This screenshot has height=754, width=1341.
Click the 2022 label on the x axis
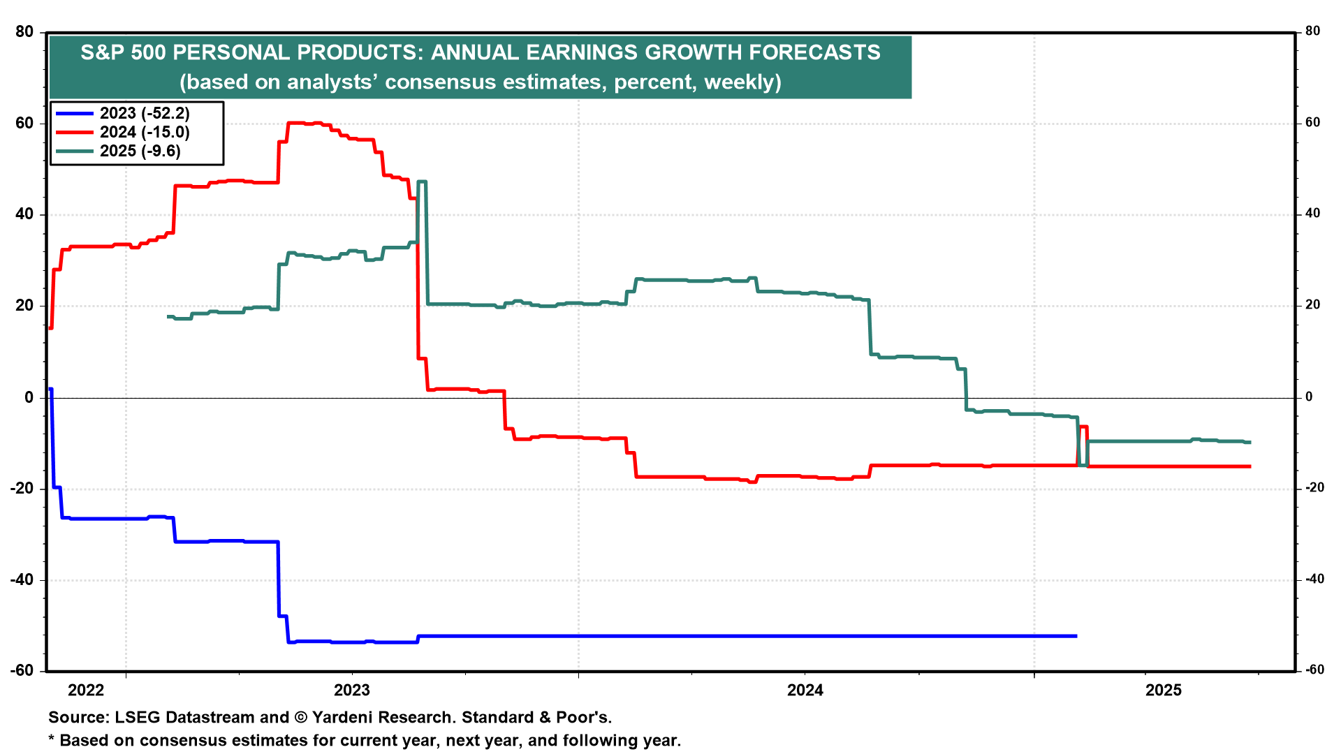86,690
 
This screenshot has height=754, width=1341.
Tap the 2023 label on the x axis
352,690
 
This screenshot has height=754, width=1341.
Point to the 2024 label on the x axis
805,690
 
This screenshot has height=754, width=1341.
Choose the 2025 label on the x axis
1164,690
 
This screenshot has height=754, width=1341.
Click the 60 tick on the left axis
24,124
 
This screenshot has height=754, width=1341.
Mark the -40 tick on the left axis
22,580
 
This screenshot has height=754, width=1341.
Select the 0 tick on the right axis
1309,397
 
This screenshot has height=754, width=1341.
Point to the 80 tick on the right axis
1312,31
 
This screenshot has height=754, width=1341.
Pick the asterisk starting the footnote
51,739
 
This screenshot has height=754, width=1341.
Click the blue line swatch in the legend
75,113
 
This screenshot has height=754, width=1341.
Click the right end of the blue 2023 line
1076,636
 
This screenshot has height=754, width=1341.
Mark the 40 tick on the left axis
24,214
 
